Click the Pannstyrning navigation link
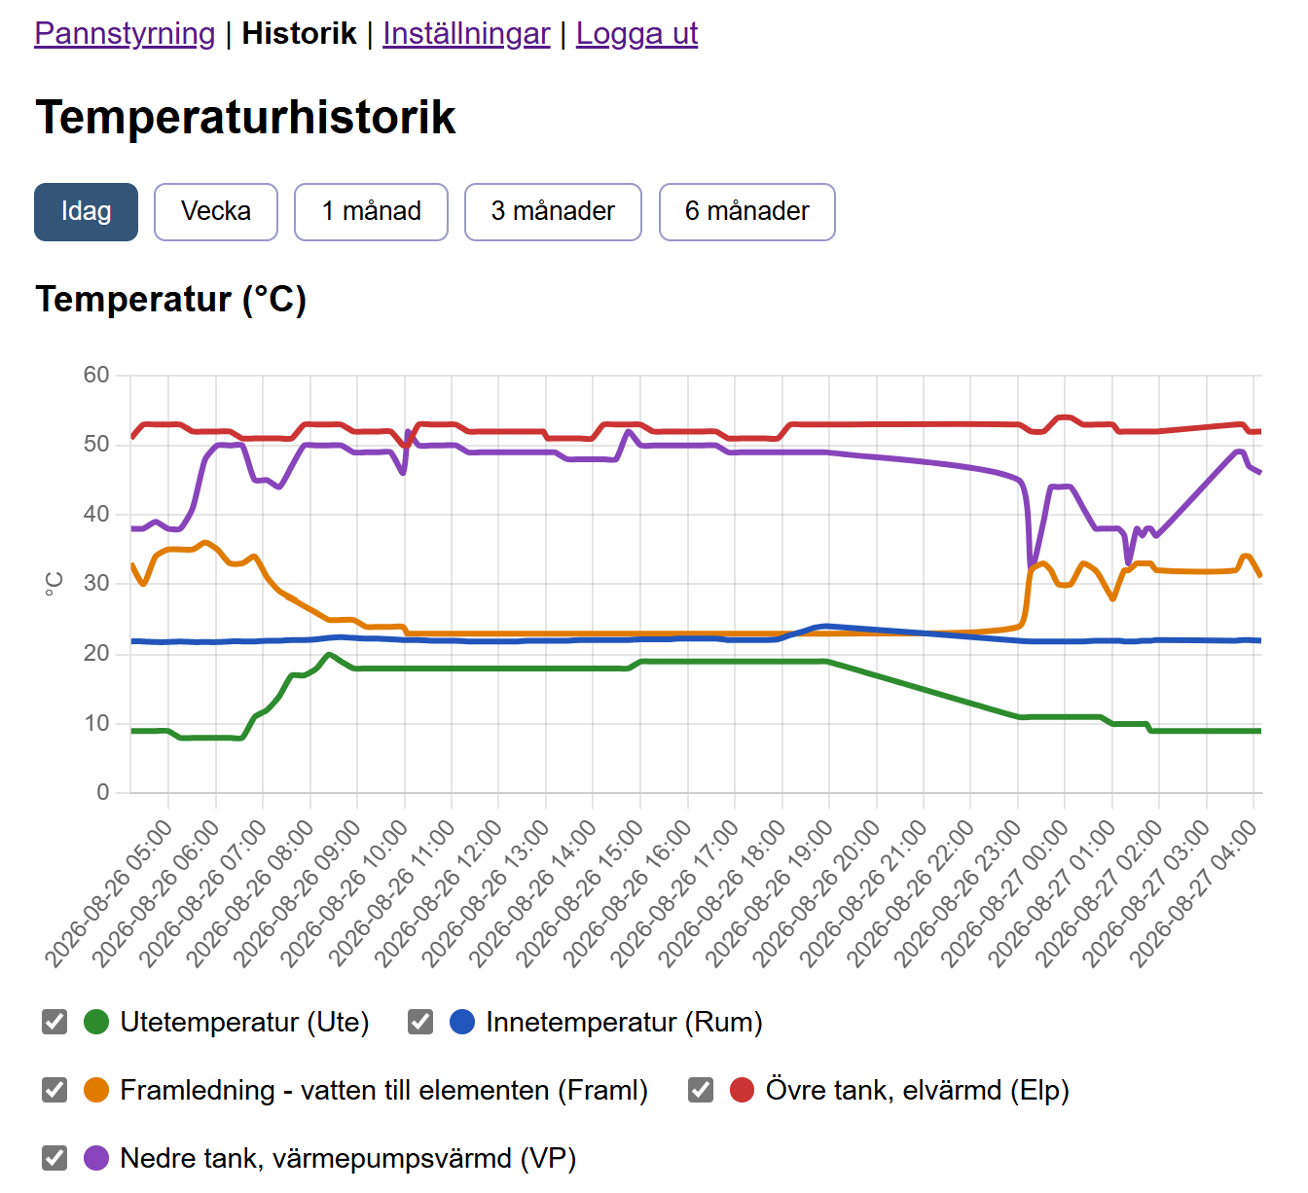pos(125,33)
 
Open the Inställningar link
pos(466,33)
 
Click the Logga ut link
pos(637,33)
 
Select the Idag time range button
pos(86,212)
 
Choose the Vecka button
pos(216,212)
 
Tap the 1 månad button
pos(371,212)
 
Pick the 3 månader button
pos(553,212)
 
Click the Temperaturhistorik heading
pos(245,118)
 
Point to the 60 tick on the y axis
pos(95,375)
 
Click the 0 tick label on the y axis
pos(103,792)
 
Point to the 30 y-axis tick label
pos(95,584)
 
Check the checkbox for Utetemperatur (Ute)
pos(54,1022)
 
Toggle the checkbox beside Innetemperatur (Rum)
pos(420,1022)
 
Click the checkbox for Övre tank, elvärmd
pos(701,1090)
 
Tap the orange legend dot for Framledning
pos(96,1090)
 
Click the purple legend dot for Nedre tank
pos(96,1158)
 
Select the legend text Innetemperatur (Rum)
pos(624,1022)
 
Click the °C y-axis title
pos(54,584)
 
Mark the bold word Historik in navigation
pos(300,33)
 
